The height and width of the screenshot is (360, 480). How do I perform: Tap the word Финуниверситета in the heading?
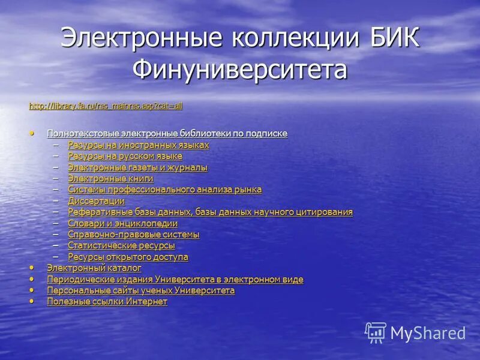tap(240, 69)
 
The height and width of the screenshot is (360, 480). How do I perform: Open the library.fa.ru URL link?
tap(106, 106)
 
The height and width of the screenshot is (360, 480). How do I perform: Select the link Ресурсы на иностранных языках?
tap(138, 145)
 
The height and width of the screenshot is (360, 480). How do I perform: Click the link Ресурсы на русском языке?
tap(125, 156)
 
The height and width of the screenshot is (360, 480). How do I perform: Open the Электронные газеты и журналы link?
tap(137, 167)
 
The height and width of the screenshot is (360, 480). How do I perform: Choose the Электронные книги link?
tap(110, 178)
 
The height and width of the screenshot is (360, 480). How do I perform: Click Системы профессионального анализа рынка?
tap(164, 190)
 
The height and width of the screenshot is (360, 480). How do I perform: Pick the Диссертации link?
tap(96, 201)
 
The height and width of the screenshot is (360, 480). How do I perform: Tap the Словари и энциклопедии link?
tap(122, 223)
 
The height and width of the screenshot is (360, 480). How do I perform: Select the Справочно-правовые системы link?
tap(133, 235)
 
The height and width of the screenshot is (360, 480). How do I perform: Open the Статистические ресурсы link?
tap(121, 245)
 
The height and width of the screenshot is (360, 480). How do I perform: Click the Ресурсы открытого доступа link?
tap(128, 257)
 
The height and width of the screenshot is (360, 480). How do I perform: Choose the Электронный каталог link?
tap(94, 268)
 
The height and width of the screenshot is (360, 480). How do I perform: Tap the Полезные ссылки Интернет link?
tap(107, 302)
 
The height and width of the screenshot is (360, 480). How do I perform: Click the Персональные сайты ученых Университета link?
tap(140, 290)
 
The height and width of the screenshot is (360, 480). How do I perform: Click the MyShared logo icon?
tap(376, 332)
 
